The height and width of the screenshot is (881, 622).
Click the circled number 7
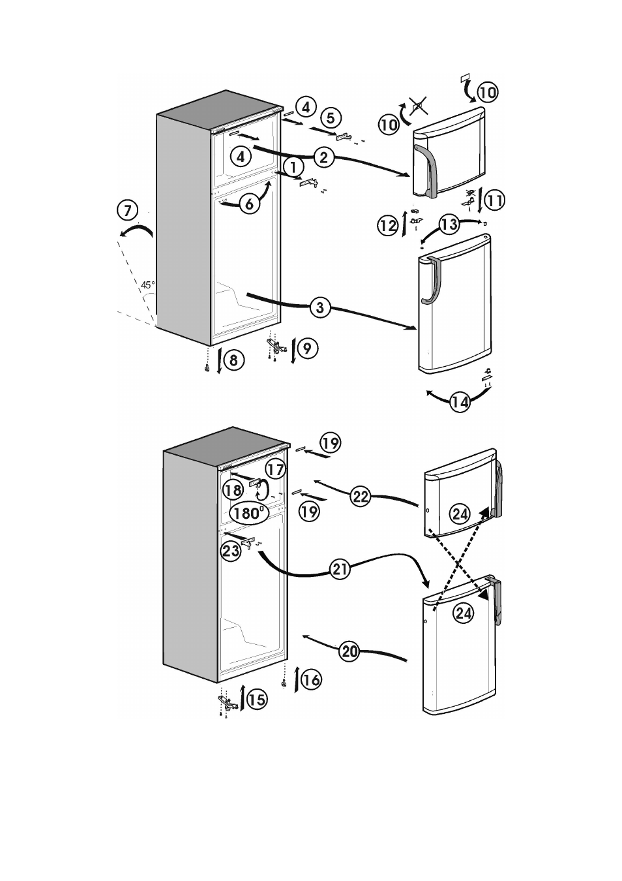(128, 211)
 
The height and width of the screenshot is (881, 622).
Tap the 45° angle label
(148, 285)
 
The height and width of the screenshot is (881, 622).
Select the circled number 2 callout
(324, 158)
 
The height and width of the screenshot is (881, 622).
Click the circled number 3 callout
(320, 307)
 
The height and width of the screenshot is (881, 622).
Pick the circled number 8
(234, 360)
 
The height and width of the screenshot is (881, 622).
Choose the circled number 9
(308, 348)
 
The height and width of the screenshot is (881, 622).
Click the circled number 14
(460, 402)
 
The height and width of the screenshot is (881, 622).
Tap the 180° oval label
(248, 513)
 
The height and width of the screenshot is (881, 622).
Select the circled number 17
(275, 470)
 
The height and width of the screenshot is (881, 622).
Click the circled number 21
(340, 568)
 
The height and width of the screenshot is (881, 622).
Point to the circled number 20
(349, 652)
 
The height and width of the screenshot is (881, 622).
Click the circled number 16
(311, 679)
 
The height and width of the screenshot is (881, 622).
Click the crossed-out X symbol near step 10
(418, 106)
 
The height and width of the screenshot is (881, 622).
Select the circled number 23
(231, 551)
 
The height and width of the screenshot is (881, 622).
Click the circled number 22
(361, 497)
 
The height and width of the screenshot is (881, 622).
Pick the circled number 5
(331, 117)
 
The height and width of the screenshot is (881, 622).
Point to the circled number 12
(388, 226)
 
